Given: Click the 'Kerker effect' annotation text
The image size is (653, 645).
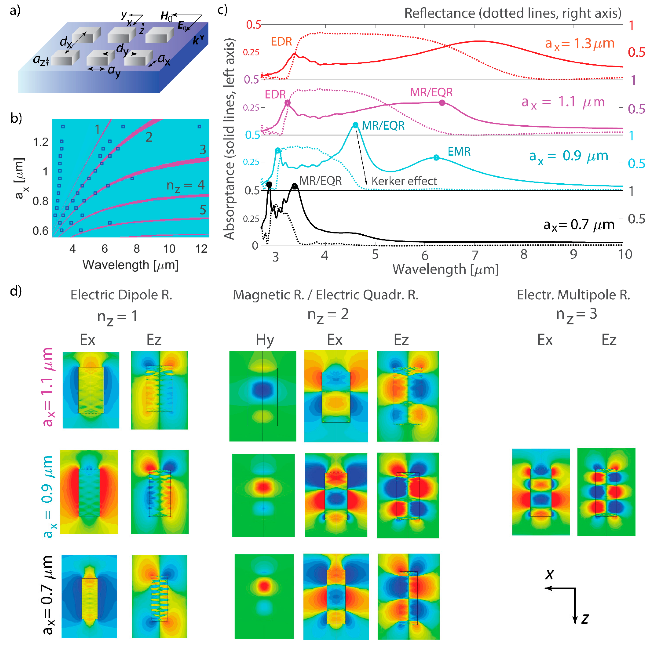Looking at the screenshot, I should point(404,181).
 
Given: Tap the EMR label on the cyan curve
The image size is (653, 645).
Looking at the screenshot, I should point(459,151).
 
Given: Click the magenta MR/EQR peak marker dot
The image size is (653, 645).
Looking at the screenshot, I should point(442,103).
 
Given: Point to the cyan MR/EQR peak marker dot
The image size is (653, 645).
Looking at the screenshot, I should point(355,126).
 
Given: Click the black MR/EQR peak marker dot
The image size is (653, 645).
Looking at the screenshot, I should point(295,186).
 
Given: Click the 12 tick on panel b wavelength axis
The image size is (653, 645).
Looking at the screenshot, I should point(201,249).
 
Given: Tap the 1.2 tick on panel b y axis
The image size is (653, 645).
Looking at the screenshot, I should point(41,142).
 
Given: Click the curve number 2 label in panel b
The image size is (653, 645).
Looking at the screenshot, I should point(149,137).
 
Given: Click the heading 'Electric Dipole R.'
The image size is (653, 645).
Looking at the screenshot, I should point(121,295).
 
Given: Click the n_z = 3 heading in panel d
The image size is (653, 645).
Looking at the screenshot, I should point(576,315).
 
